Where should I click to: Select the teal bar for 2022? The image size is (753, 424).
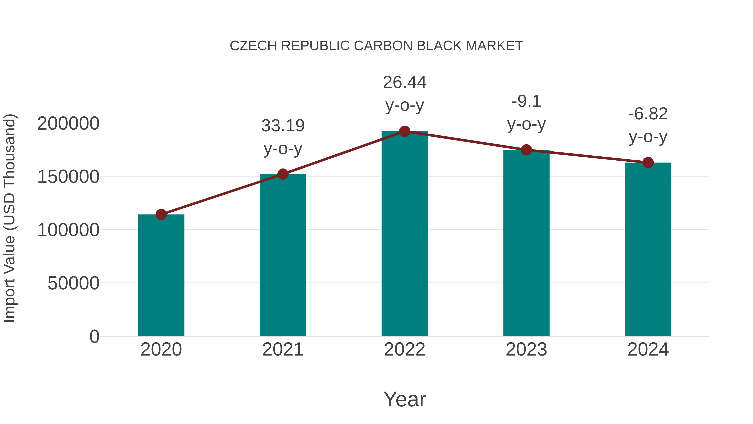(x=405, y=234)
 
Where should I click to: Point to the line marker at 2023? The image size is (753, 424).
(x=526, y=150)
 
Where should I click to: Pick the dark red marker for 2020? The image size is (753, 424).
(x=161, y=214)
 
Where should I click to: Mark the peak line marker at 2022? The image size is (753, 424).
(x=405, y=131)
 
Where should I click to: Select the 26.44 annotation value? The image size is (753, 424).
(x=405, y=82)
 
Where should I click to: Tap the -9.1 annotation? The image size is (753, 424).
(x=526, y=102)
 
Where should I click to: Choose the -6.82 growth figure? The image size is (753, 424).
(x=648, y=114)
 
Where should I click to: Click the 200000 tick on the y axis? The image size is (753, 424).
(x=68, y=124)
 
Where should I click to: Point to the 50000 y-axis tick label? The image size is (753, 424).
(x=73, y=283)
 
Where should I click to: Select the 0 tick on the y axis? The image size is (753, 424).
(x=94, y=336)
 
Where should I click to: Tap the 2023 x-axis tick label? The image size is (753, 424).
(x=526, y=350)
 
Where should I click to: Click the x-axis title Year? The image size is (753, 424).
(x=405, y=400)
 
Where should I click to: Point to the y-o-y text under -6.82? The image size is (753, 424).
(x=648, y=137)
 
